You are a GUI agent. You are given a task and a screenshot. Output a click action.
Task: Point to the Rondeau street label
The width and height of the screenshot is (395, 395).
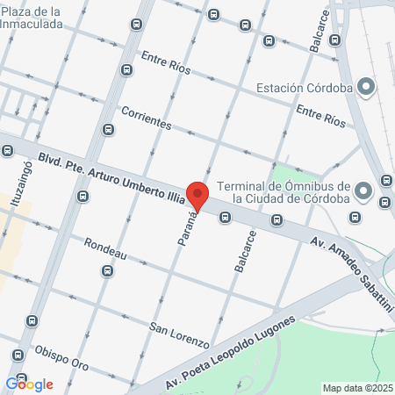pos(106,248)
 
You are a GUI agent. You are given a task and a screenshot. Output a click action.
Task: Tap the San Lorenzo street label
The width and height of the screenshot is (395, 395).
pos(179,334)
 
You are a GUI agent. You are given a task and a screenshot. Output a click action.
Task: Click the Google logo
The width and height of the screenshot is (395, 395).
pos(29,384)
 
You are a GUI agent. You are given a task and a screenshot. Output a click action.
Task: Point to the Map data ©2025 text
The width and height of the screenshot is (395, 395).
pos(357,388)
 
